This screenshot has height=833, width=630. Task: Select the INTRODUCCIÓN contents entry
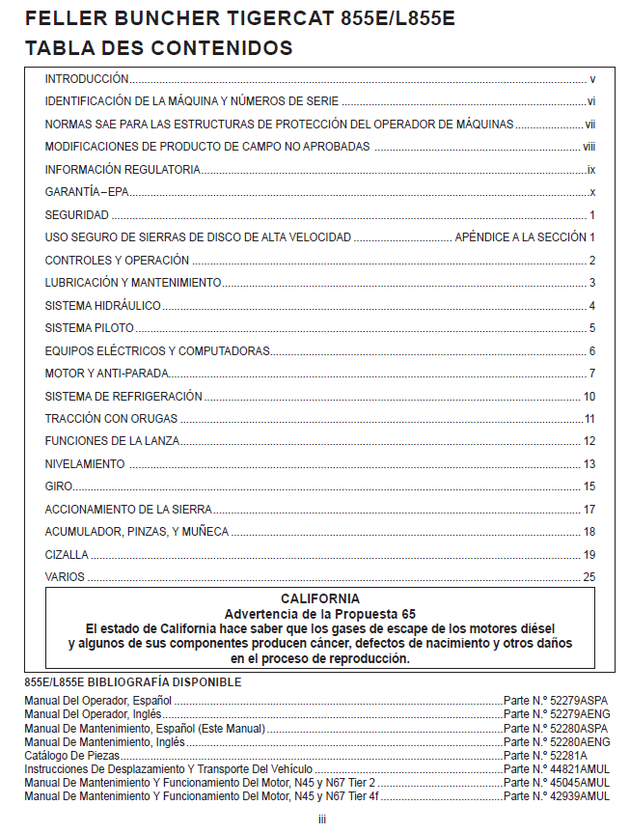coord(87,79)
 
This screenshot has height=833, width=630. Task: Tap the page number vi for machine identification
coord(591,101)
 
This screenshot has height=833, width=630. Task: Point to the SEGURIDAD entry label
coord(77,214)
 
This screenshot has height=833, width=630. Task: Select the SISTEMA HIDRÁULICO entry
coord(103,306)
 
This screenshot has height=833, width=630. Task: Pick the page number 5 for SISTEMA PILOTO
coord(592,328)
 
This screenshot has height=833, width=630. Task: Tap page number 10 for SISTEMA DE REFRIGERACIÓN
coord(589,397)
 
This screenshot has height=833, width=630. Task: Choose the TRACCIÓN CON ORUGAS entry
coord(111,419)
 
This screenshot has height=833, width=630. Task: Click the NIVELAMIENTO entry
coord(85,464)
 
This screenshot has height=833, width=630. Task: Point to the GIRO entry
coord(59,486)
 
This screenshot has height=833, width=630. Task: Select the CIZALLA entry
coord(67,555)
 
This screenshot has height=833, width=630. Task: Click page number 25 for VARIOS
coord(589,577)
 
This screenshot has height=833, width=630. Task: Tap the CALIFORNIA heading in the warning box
coord(320,598)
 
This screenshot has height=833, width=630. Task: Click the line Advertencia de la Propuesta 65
coord(320,614)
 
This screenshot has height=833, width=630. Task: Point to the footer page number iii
coord(321,819)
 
